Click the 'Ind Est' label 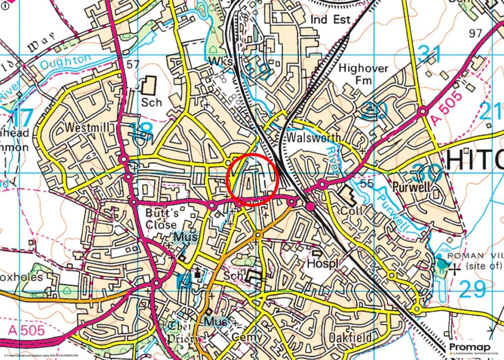point(330,20)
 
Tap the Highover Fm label point(364,74)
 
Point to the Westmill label point(86,128)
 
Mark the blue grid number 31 point(430,54)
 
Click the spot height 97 point(475,34)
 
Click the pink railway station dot point(311,206)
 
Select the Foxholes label point(27,277)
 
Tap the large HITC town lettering point(475,160)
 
